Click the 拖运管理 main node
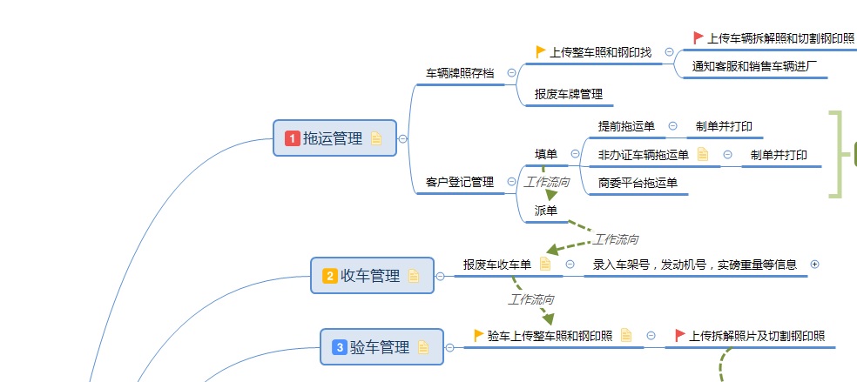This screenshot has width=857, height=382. click(334, 138)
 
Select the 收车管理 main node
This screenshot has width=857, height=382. click(371, 276)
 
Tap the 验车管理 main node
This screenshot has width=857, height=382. click(381, 347)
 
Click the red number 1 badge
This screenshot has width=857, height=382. click(293, 138)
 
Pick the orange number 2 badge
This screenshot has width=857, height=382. click(330, 276)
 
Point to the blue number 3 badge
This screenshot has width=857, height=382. click(340, 347)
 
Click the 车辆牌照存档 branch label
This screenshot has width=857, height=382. click(460, 73)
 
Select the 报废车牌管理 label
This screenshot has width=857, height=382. click(569, 94)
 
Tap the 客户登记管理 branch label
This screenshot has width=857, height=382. click(460, 182)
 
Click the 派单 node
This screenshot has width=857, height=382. click(546, 210)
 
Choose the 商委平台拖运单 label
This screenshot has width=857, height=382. click(638, 183)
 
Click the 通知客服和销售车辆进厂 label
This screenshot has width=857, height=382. click(754, 66)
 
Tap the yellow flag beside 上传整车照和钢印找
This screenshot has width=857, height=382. click(541, 51)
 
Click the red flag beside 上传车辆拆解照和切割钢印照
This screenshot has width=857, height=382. click(698, 37)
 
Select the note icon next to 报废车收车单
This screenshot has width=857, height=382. click(545, 264)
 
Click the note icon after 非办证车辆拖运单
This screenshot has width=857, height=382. click(703, 155)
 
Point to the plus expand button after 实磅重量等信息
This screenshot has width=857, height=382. click(814, 264)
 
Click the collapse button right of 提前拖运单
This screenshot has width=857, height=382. click(672, 126)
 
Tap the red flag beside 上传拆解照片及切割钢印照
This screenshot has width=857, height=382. click(680, 335)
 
